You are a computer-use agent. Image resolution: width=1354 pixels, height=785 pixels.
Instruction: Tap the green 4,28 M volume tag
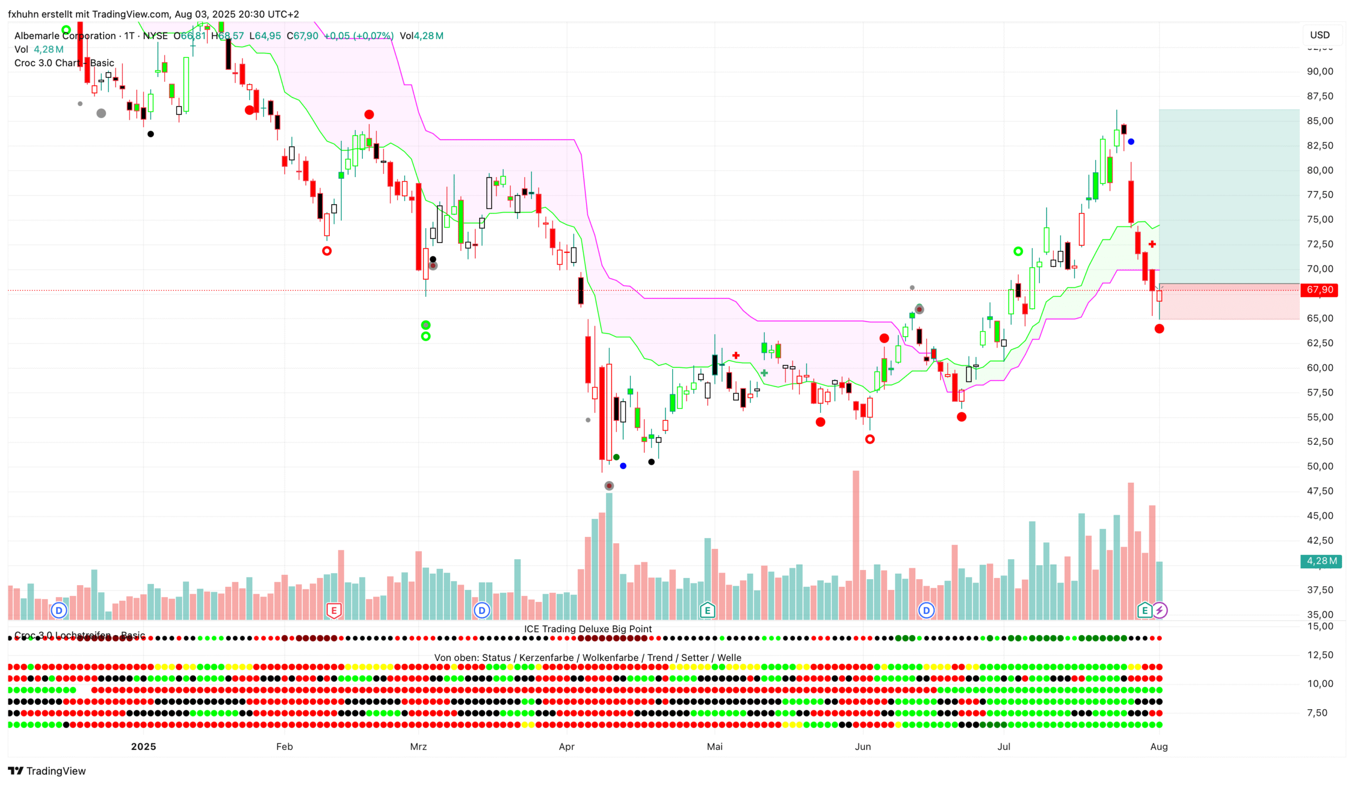click(1320, 561)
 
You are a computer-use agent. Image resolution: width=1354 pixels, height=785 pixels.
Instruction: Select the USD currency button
click(1319, 35)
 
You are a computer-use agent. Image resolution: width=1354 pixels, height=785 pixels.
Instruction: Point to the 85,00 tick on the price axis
click(1319, 121)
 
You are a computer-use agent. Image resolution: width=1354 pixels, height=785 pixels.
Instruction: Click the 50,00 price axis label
click(1319, 466)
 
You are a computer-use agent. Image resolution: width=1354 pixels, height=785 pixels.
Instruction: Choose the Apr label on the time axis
click(567, 747)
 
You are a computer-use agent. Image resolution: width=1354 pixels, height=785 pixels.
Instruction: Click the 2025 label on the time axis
click(144, 747)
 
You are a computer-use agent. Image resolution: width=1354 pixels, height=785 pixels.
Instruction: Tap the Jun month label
click(863, 747)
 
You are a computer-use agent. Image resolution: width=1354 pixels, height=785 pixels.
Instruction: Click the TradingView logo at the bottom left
click(47, 771)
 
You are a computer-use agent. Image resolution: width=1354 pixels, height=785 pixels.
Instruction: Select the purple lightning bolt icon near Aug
click(1160, 611)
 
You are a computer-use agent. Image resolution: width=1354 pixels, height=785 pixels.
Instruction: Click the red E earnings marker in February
click(334, 611)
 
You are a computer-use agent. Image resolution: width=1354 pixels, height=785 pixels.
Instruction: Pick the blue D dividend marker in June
click(927, 611)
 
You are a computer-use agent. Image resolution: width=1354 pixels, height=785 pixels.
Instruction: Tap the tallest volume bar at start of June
click(856, 544)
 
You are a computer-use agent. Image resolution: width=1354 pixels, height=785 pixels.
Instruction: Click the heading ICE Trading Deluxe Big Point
click(588, 629)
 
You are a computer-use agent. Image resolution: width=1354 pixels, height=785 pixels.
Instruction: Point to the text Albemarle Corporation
click(65, 36)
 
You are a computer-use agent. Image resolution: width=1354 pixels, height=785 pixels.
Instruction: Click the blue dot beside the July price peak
click(1131, 142)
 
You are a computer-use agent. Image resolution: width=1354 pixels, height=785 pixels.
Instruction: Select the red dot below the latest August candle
click(1159, 329)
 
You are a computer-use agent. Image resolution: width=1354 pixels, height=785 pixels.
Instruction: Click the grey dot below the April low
click(609, 486)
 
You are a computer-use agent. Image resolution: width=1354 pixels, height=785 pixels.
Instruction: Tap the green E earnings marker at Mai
click(707, 611)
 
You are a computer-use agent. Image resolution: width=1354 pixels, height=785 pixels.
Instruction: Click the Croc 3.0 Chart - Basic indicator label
click(64, 63)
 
